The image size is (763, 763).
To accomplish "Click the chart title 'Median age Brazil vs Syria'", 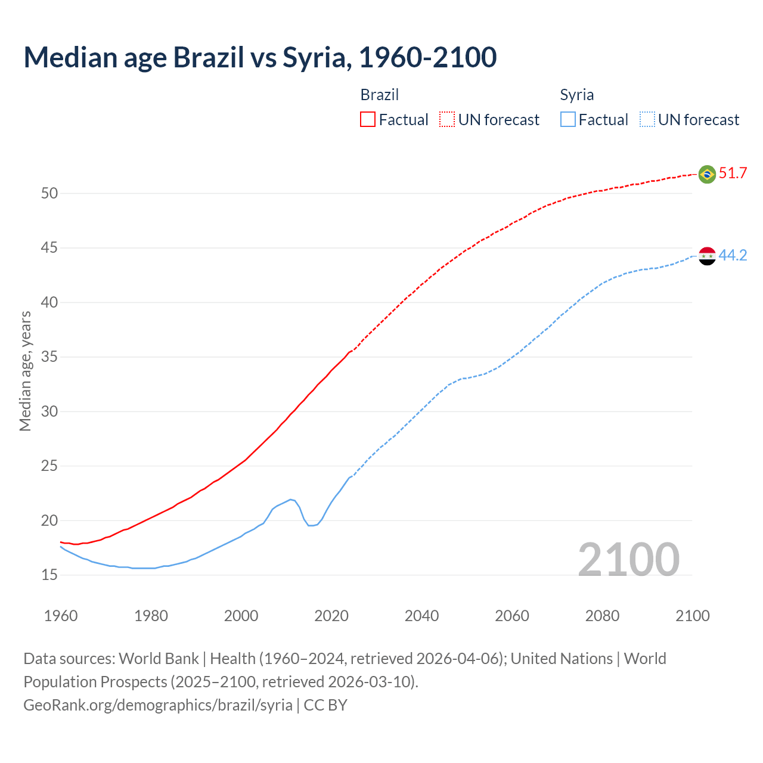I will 260,57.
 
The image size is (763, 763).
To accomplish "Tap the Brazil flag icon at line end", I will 706,174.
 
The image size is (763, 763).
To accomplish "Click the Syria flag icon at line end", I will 706,256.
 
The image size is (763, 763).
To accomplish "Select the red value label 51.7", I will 733,173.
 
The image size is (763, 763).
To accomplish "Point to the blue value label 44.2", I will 733,256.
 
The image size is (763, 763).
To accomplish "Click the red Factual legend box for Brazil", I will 368,120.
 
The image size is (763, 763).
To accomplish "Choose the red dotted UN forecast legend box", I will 447,120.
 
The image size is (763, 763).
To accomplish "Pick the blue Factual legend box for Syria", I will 567,120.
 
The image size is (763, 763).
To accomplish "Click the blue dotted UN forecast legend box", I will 647,120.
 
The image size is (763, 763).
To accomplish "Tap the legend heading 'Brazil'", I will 379,95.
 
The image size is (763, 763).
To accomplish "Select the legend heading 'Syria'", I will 576,95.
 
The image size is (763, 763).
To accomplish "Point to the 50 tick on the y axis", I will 49,193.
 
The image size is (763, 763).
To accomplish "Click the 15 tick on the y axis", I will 49,575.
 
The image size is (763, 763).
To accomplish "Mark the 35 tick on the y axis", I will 49,357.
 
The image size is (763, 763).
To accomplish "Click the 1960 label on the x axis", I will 61,616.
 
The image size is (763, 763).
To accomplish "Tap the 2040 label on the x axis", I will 421,616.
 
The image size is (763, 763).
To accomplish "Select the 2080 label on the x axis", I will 602,616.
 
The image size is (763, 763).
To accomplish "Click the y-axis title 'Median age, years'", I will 25,371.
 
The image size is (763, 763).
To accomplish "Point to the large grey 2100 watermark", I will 628,560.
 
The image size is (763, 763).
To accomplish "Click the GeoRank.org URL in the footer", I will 158,705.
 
